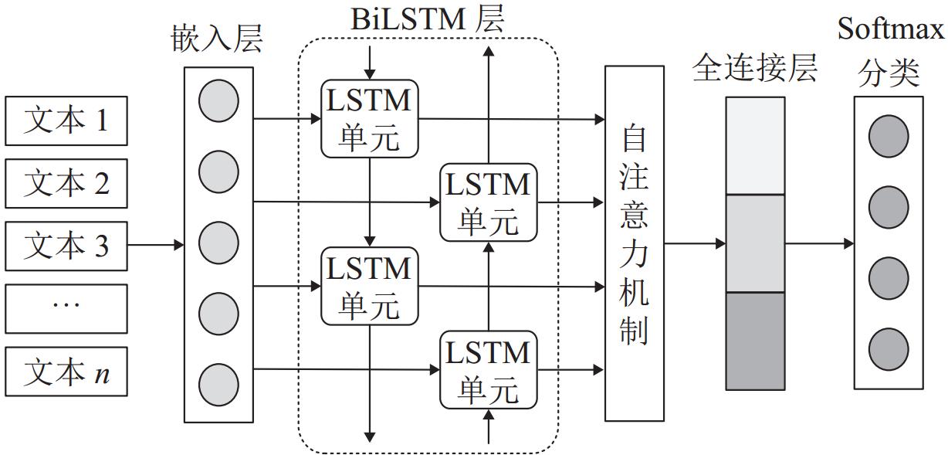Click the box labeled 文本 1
(x=66, y=121)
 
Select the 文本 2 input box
(x=66, y=183)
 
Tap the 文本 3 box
(x=66, y=246)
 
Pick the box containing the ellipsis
(x=66, y=308)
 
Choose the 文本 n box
(x=66, y=372)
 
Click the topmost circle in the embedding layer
(x=218, y=102)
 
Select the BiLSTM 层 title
(x=427, y=19)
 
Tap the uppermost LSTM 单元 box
(x=370, y=118)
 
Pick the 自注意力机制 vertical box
(x=634, y=243)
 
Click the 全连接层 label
(x=754, y=68)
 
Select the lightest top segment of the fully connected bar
(x=755, y=145)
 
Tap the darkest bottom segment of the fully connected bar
(x=755, y=341)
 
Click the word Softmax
(x=890, y=31)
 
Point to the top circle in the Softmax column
(x=889, y=137)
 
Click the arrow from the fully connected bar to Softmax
(x=819, y=244)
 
